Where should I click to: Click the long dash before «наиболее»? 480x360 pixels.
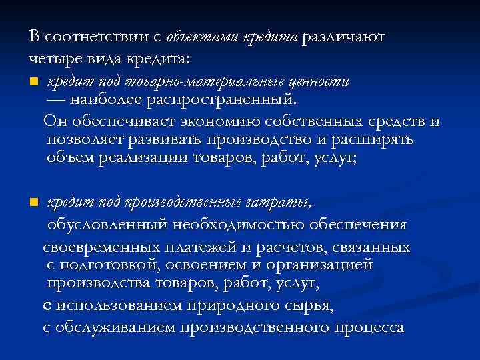pos(56,100)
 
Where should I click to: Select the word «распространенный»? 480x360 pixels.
pos(226,100)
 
